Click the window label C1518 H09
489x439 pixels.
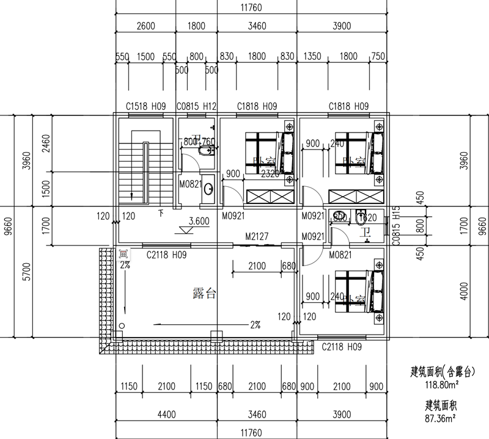(x=146, y=106)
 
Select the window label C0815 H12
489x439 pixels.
(x=197, y=106)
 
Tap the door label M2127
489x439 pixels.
(x=258, y=236)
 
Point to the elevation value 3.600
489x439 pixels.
(x=199, y=222)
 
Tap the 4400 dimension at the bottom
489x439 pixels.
(x=166, y=415)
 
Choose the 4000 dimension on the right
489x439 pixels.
(x=464, y=292)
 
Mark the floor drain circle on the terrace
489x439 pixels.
(x=122, y=327)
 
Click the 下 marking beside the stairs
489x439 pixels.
(x=160, y=213)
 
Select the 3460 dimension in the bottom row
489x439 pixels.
(x=257, y=415)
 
